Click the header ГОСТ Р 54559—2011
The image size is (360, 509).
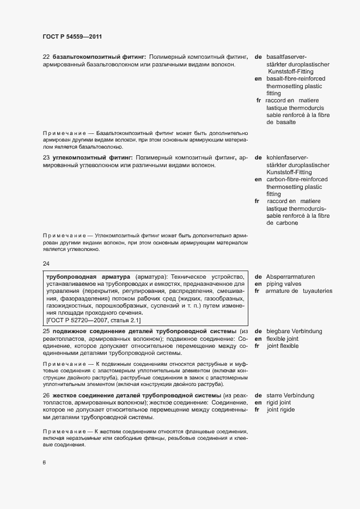point(72,37)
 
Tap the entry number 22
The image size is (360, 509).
point(46,57)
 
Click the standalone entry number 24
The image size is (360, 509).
point(46,264)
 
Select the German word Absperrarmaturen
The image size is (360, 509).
point(290,277)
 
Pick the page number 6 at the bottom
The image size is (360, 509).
point(45,463)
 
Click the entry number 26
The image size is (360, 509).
point(46,395)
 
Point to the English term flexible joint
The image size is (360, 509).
point(282,339)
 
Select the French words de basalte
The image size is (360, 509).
point(281,122)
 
